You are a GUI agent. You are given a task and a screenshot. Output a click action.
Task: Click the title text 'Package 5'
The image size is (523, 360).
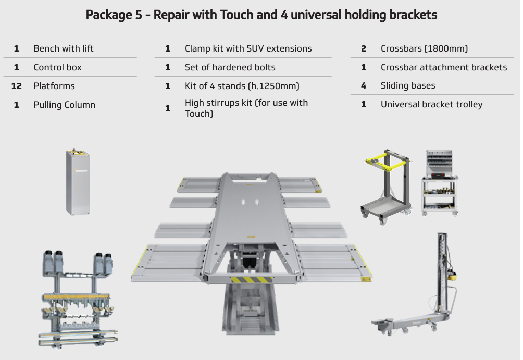(x=112, y=15)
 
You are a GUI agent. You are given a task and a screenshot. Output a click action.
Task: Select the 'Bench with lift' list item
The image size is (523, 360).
(x=64, y=48)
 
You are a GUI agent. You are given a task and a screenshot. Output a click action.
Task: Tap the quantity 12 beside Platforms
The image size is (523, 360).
(x=17, y=86)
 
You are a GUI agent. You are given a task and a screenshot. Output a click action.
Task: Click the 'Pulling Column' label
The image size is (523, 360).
(x=65, y=105)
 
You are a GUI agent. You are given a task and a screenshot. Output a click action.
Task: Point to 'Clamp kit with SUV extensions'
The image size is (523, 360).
(x=248, y=48)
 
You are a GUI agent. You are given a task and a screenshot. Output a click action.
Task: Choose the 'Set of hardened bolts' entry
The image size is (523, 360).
(x=230, y=67)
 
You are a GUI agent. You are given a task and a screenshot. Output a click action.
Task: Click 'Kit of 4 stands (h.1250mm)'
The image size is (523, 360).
(x=242, y=86)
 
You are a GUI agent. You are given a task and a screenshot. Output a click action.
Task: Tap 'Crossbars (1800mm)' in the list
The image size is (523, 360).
(x=424, y=48)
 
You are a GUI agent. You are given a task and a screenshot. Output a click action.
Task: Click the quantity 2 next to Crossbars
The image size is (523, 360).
(x=364, y=48)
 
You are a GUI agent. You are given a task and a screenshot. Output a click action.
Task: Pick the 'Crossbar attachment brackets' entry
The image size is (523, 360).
(x=443, y=67)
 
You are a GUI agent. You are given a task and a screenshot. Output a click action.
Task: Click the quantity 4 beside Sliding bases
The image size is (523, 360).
(x=364, y=85)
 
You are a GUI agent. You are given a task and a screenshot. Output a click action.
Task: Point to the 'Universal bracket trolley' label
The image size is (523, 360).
(x=431, y=104)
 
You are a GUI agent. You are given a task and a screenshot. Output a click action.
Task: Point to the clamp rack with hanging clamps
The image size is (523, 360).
(x=78, y=300)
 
